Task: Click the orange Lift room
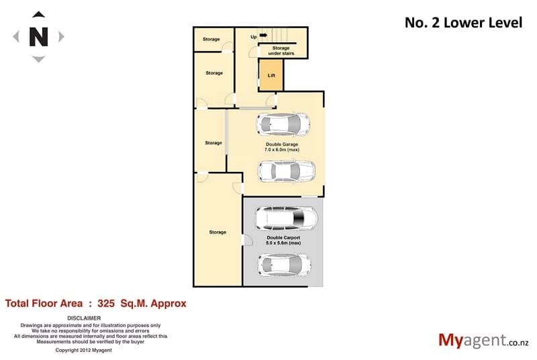click(x=271, y=75)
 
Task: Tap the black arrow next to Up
click(x=263, y=36)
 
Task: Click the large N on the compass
click(x=38, y=37)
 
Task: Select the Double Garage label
click(x=282, y=144)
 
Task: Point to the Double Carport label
click(x=283, y=237)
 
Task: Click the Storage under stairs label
click(x=281, y=50)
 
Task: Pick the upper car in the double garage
click(x=283, y=124)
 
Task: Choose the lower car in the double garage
click(x=287, y=171)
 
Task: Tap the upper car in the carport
click(x=287, y=218)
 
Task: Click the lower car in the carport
click(x=284, y=265)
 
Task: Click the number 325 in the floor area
click(x=106, y=304)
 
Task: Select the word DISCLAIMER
click(x=84, y=318)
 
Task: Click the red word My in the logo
click(x=450, y=341)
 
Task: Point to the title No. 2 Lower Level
click(x=463, y=23)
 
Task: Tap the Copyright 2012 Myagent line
click(x=83, y=350)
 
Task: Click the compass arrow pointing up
click(x=38, y=14)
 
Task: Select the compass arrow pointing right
click(x=61, y=36)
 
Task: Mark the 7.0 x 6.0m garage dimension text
click(x=282, y=150)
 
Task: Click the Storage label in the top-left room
click(x=211, y=39)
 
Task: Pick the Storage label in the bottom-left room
click(x=217, y=232)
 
